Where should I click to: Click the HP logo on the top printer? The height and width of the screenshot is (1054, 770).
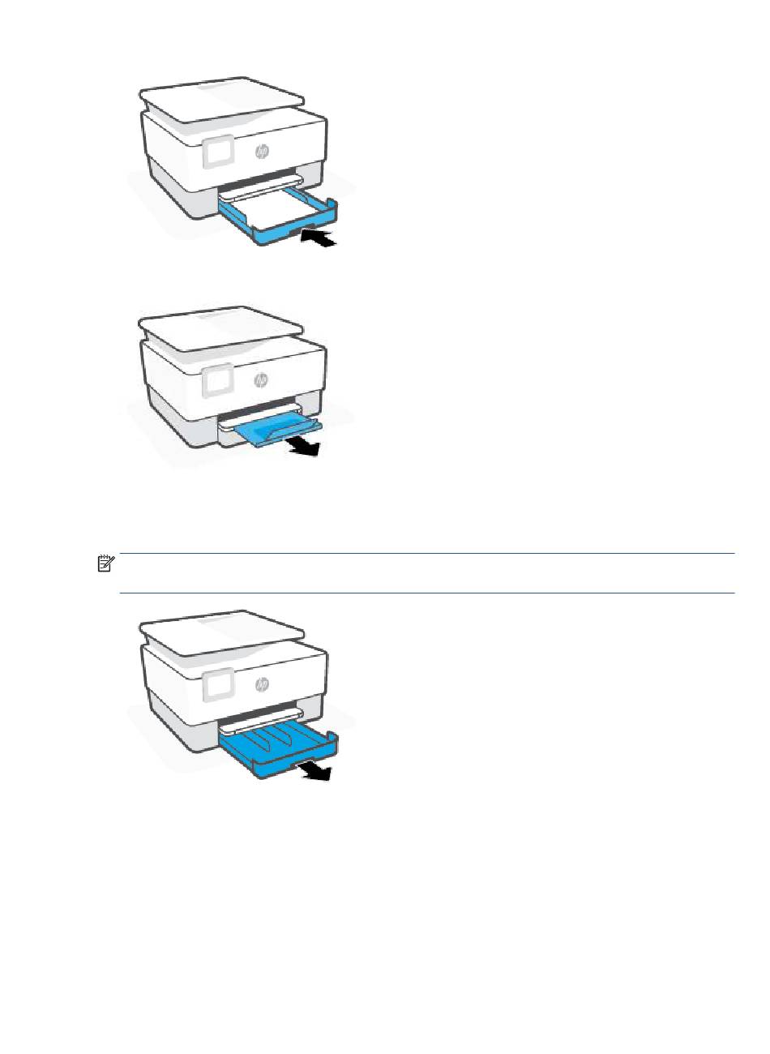(261, 151)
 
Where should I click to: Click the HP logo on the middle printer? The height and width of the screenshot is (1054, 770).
(261, 380)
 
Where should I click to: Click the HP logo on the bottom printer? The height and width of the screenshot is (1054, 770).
(262, 685)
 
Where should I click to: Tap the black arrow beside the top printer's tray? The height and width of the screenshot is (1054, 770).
(319, 237)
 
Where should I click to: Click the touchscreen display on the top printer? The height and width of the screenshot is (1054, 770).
(218, 152)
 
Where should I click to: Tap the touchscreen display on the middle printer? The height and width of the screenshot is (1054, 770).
(218, 380)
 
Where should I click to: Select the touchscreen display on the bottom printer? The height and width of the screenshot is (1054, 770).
(218, 685)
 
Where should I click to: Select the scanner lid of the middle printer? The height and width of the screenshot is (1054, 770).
(220, 329)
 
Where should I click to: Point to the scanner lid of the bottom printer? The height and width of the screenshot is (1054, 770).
(222, 633)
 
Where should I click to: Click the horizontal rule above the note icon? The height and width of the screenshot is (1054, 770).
(427, 553)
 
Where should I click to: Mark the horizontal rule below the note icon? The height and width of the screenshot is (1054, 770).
(427, 593)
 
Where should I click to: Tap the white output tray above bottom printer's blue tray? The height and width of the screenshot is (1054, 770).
(261, 724)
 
